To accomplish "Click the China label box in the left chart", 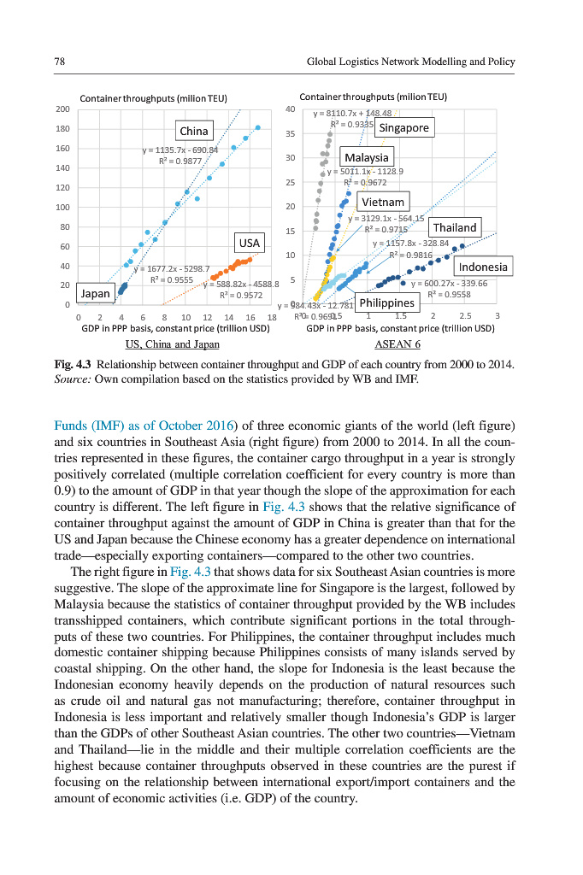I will (194, 131).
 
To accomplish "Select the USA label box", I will (250, 243).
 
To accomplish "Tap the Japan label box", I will (96, 293).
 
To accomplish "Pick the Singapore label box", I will (403, 128).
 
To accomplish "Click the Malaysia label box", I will (367, 157).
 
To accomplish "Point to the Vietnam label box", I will (382, 202).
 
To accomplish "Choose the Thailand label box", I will (455, 227).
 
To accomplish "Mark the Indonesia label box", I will (483, 267).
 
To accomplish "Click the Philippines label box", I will (386, 302).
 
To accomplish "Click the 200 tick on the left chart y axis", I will (62, 109).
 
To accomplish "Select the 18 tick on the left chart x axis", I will (271, 317).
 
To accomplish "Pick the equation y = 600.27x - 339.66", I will (449, 284).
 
